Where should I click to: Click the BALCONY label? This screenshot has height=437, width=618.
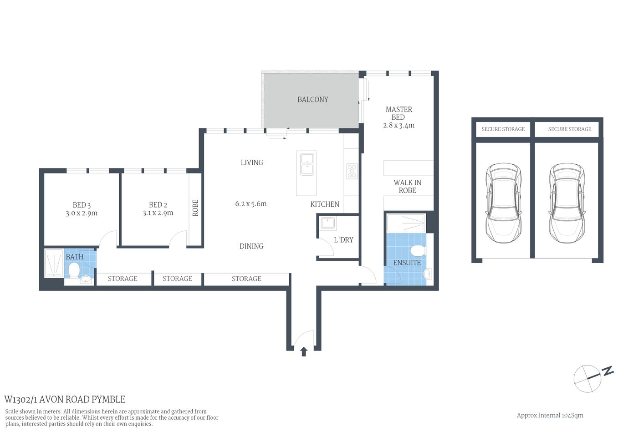312,99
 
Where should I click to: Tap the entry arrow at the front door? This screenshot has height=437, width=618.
304,351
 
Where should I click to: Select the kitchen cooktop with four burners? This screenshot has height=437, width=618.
352,171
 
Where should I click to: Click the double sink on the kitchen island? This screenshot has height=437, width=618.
306,164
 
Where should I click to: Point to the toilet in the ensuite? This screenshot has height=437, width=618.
417,251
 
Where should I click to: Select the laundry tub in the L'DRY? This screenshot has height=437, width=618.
328,224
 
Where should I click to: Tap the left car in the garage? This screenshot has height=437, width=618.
503,203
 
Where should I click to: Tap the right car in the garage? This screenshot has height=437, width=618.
566,203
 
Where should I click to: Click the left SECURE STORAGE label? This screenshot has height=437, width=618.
503,129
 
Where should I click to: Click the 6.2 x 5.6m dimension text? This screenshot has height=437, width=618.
251,204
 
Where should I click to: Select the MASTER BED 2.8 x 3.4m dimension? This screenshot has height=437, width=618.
399,126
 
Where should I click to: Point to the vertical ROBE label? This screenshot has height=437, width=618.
195,208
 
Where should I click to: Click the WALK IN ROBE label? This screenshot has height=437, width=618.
407,187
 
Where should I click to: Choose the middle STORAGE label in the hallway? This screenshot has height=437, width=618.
177,279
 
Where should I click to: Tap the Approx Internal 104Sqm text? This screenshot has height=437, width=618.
550,415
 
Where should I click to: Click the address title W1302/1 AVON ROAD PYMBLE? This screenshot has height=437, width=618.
65,400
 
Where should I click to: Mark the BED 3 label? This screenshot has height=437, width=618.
82,205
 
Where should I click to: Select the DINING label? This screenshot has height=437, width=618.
251,246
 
